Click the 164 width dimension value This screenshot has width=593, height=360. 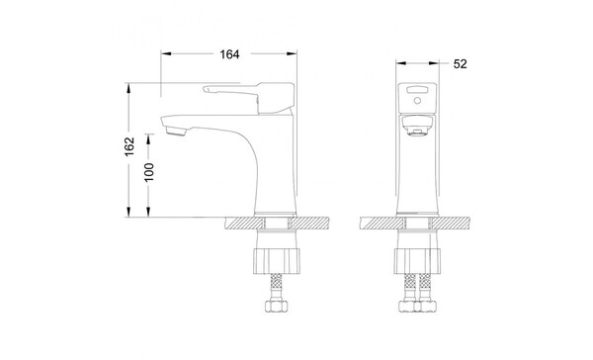pos(229,54)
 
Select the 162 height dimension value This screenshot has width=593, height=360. pos(129,146)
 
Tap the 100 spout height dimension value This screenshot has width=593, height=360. pos(149,172)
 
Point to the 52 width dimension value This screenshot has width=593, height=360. pos(460,64)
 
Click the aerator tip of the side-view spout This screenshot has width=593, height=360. pos(176,132)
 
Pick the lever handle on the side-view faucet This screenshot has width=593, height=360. pos(248,97)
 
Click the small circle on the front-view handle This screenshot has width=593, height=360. pos(417,100)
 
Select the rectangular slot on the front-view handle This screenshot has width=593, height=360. pos(417,90)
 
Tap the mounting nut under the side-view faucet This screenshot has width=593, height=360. pos(277,261)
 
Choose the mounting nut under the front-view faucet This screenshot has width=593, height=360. pos(417,261)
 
